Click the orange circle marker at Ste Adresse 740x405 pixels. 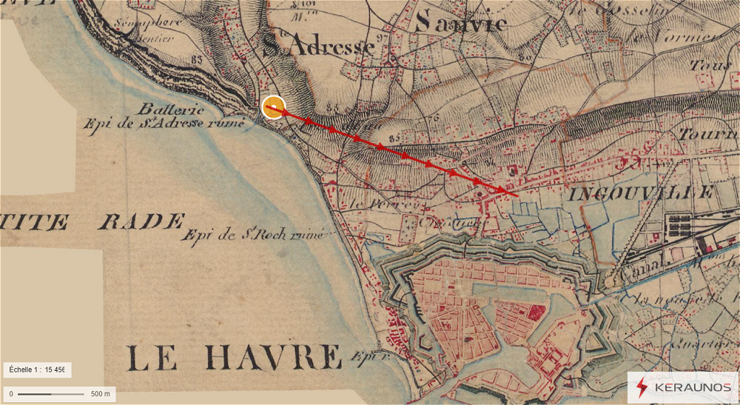[274, 107]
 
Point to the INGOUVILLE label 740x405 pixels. [642, 193]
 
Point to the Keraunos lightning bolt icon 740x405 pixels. [642, 387]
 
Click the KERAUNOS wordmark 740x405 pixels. [691, 387]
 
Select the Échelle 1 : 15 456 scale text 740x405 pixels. [37, 369]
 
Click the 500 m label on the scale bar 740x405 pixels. [100, 393]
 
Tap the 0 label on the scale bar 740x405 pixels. [11, 393]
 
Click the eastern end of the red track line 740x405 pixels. [517, 196]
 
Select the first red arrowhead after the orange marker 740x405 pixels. [308, 120]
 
